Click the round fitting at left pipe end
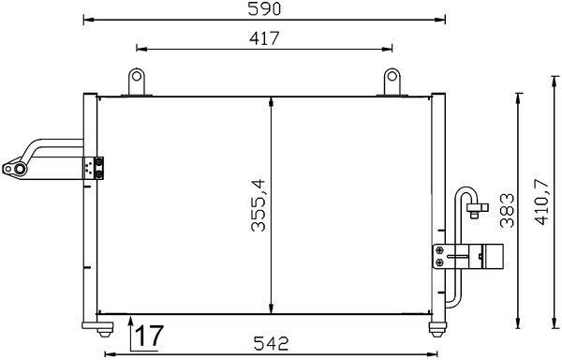tap(13, 170)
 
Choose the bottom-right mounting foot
tap(436, 326)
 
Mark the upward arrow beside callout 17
tap(127, 328)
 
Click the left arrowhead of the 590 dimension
tap(87, 19)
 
